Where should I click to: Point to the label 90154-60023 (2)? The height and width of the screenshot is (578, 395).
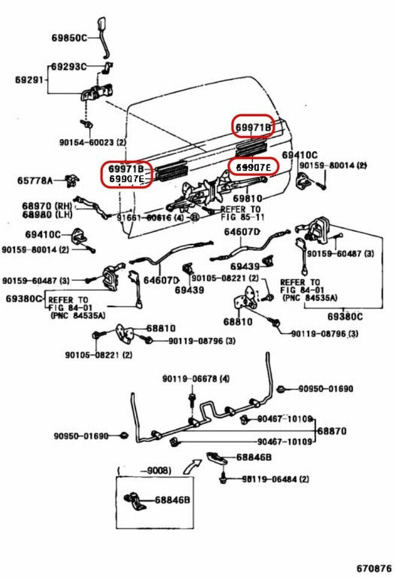(93, 143)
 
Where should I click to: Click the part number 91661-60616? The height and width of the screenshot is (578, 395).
(143, 217)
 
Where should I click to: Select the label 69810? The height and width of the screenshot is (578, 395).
(247, 198)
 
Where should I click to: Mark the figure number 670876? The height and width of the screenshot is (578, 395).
(373, 567)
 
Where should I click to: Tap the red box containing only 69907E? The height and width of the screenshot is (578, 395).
(253, 166)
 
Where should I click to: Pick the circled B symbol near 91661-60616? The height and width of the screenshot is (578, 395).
(194, 217)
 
